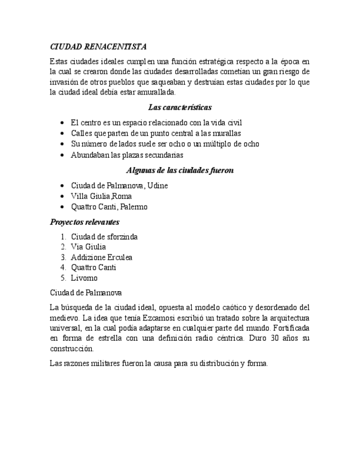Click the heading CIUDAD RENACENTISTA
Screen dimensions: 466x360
click(98, 47)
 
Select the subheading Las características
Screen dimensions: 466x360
click(180, 107)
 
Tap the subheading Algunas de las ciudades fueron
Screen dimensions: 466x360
click(180, 170)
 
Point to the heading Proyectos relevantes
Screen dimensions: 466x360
click(85, 222)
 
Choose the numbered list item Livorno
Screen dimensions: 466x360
click(84, 278)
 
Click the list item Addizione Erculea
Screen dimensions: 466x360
click(102, 257)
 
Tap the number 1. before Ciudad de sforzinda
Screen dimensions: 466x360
click(64, 237)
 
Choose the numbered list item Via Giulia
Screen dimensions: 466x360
click(88, 247)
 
